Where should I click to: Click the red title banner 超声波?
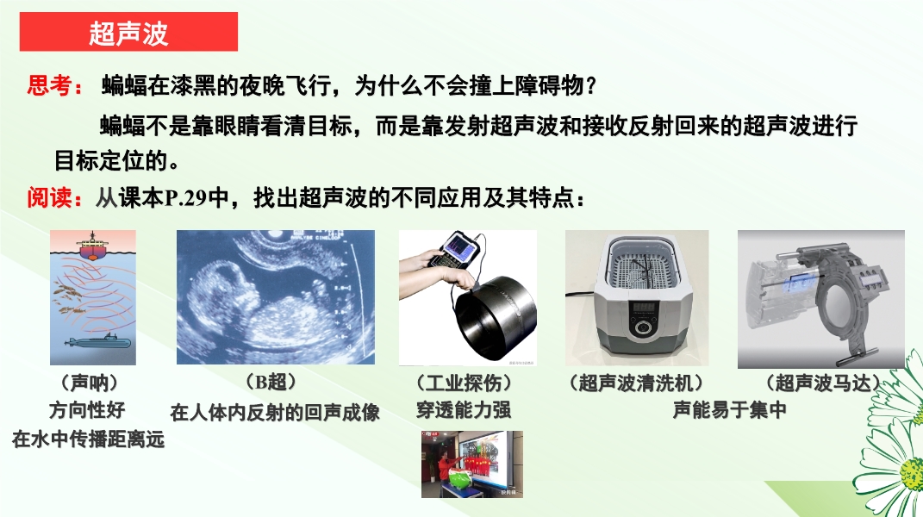[128, 32]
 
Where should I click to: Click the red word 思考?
[49, 86]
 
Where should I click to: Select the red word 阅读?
[49, 198]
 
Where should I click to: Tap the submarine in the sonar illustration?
[97, 341]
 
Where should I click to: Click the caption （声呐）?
[90, 383]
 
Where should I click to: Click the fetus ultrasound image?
[276, 296]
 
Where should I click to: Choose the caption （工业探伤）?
[464, 383]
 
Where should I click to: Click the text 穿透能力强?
[464, 410]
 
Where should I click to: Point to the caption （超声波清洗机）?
[636, 383]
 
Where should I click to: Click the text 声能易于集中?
[729, 410]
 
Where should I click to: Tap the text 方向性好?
[87, 410]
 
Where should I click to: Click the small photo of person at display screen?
[472, 464]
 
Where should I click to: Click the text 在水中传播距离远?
[88, 439]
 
